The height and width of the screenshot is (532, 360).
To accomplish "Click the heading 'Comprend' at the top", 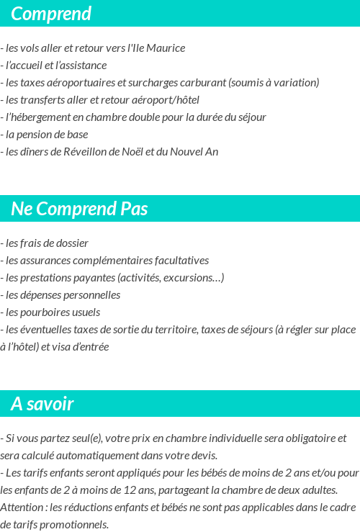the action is [50, 14].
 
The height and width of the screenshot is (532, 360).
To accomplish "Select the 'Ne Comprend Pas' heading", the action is [79, 209].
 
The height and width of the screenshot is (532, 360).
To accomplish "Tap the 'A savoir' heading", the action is [42, 404].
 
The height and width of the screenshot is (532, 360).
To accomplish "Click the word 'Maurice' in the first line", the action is [166, 48].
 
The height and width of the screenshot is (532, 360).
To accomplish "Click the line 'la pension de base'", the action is [46, 135].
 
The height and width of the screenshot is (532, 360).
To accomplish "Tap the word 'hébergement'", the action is [42, 117].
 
